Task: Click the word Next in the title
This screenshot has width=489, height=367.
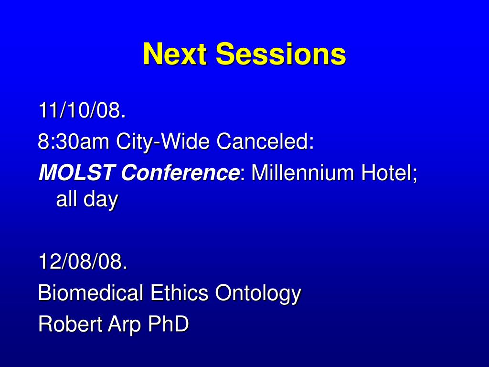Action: click(175, 54)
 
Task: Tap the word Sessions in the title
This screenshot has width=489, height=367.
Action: click(281, 54)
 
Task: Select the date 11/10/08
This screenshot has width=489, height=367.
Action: click(82, 110)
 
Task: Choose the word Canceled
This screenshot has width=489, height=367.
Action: click(265, 141)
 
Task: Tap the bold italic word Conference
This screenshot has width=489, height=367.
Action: click(180, 172)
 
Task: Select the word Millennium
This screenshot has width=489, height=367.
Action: click(302, 172)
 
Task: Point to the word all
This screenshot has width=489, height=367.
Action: click(66, 199)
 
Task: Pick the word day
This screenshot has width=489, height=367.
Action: click(101, 200)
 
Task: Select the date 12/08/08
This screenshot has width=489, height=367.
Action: click(83, 261)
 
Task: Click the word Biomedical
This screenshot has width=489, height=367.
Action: click(90, 292)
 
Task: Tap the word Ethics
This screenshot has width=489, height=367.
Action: click(179, 292)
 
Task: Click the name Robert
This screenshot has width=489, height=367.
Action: click(70, 324)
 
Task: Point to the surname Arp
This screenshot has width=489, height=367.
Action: click(124, 325)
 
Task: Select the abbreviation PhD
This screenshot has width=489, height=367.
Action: click(168, 324)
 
